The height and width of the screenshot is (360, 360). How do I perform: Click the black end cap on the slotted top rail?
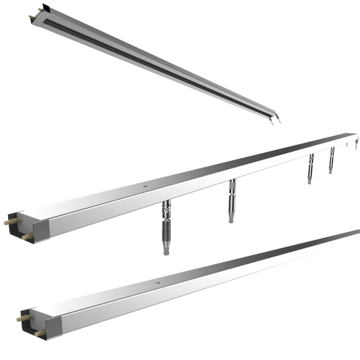pos(45,8)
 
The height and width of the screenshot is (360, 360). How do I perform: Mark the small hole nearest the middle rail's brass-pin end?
pos(146,187)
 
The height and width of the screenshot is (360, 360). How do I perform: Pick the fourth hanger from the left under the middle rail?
pos(332,160)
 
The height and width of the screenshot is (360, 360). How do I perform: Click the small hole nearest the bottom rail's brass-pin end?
pos(157,283)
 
